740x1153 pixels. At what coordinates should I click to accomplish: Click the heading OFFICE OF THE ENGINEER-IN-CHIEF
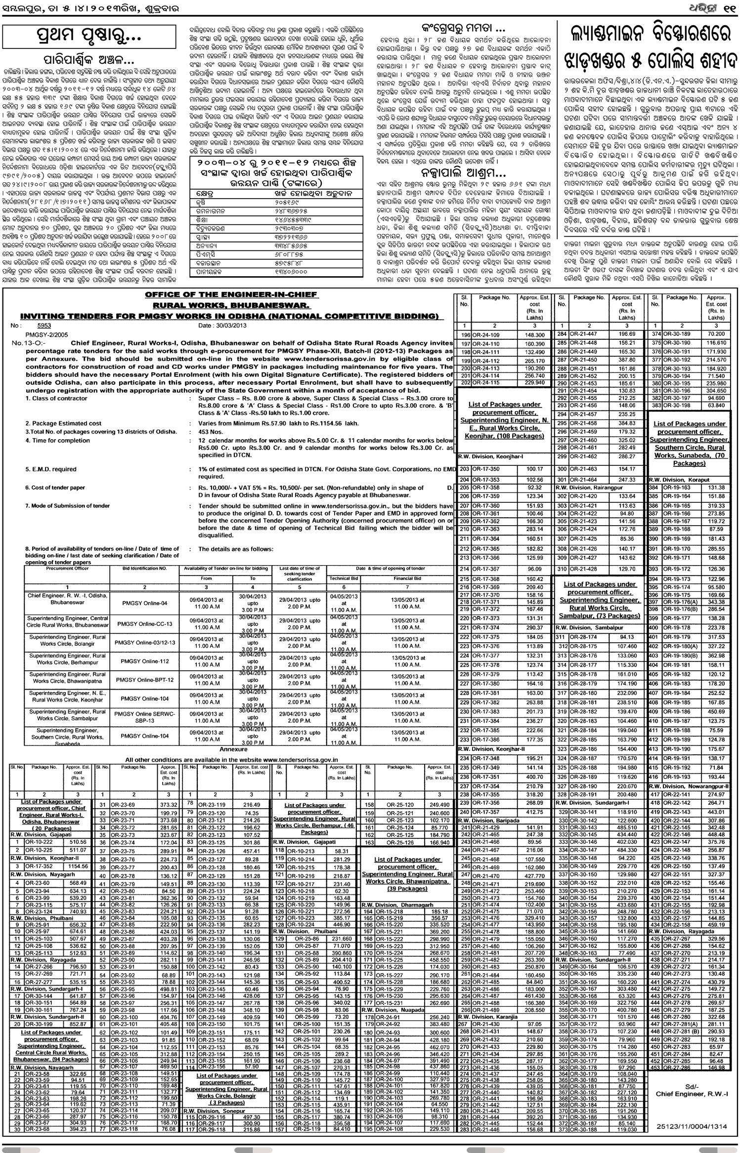(231, 295)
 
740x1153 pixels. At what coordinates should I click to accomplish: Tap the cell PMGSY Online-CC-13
(145, 624)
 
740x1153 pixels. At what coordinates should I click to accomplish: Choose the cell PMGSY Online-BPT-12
(145, 680)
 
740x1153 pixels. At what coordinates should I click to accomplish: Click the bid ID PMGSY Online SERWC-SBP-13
(145, 717)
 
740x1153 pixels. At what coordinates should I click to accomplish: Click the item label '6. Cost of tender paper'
(55, 488)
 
